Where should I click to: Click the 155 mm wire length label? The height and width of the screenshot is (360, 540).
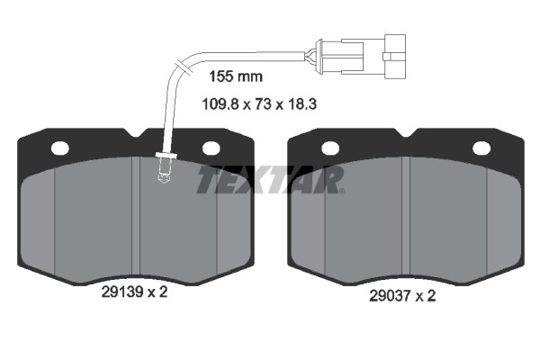(x=236, y=76)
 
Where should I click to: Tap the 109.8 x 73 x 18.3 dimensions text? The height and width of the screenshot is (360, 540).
(x=259, y=103)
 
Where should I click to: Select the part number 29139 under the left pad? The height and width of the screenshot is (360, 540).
(x=122, y=292)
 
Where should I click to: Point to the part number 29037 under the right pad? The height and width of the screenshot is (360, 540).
(x=391, y=295)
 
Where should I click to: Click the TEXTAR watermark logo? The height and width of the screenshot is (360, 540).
(x=270, y=179)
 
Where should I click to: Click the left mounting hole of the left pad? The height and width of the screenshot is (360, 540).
(x=60, y=148)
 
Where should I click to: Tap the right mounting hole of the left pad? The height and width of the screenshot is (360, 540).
(x=211, y=148)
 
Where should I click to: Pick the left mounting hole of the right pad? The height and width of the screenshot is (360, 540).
(x=330, y=148)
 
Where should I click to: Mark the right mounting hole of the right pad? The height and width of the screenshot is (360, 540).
(x=481, y=148)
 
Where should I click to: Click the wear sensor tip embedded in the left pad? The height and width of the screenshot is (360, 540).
(x=165, y=169)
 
